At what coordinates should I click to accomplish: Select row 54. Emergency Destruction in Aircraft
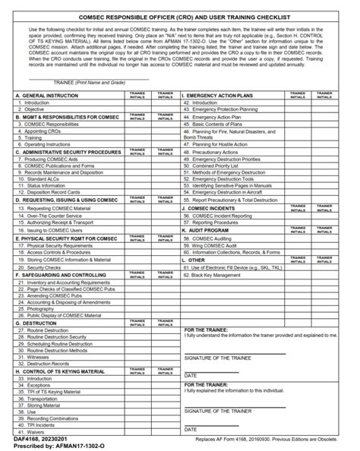[x=236, y=192]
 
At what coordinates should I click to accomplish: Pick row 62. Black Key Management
[x=220, y=275]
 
